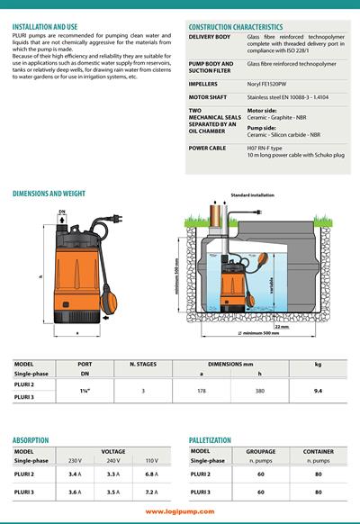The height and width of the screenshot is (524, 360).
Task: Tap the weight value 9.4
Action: click(317, 392)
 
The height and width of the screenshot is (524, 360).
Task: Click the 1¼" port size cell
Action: click(85, 392)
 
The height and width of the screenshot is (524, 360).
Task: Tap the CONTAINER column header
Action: click(318, 451)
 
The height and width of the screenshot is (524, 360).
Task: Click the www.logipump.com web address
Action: click(179, 510)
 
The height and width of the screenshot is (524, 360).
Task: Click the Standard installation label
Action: click(252, 195)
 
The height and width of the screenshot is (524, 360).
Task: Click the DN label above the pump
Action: click(61, 212)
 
